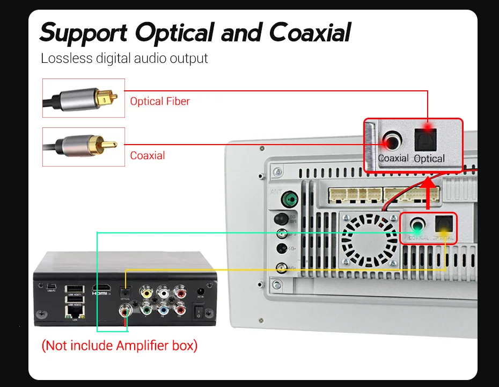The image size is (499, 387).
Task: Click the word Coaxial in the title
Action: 310,33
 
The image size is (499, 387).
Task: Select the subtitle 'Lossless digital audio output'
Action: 124,58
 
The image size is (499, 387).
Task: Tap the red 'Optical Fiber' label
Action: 160,101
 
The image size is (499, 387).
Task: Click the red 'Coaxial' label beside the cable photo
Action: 148,156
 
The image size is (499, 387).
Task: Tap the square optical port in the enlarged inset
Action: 428,141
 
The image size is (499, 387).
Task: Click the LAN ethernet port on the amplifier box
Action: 74,311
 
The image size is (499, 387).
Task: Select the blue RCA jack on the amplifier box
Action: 163,310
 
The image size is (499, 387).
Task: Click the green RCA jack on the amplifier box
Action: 146,310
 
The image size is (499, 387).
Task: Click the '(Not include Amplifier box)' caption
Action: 120,345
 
